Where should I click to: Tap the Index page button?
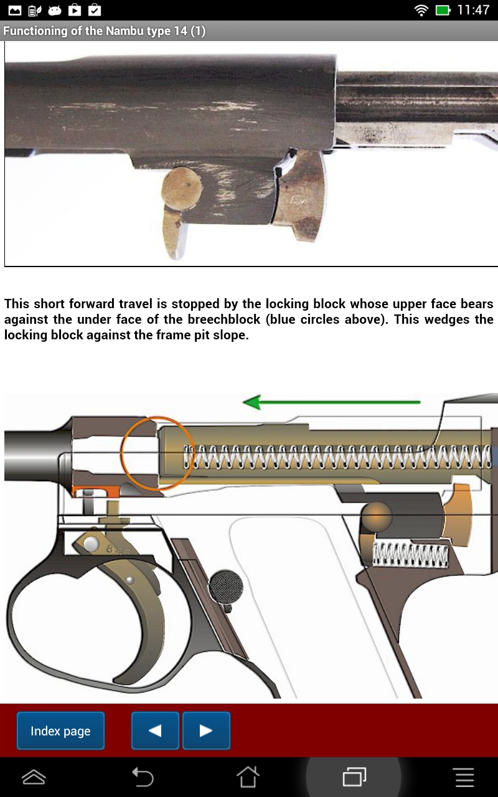pyautogui.click(x=60, y=731)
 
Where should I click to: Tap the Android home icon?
pyautogui.click(x=248, y=776)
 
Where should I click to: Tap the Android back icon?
pyautogui.click(x=143, y=776)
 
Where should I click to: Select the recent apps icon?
pyautogui.click(x=354, y=776)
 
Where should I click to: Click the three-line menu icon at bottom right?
pyautogui.click(x=464, y=776)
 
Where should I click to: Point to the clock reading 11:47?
pyautogui.click(x=473, y=10)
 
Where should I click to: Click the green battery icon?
pyautogui.click(x=443, y=10)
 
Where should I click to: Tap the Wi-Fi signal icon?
pyautogui.click(x=421, y=10)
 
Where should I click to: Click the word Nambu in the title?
pyautogui.click(x=107, y=31)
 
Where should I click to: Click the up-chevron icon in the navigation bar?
pyautogui.click(x=34, y=776)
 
